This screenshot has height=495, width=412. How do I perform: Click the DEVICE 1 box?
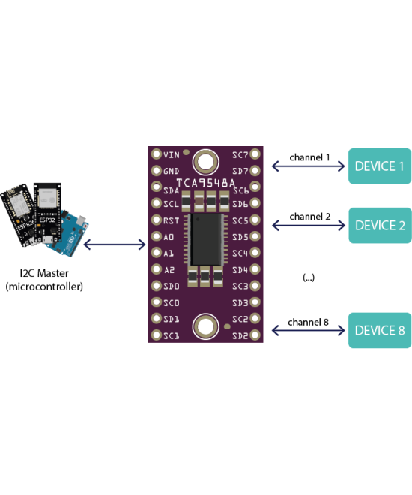(x=379, y=166)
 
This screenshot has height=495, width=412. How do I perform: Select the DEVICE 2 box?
(x=379, y=225)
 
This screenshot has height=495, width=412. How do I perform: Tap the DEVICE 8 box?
(x=379, y=330)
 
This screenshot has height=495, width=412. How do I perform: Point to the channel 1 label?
(x=309, y=157)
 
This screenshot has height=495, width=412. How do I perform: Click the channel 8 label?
(x=309, y=322)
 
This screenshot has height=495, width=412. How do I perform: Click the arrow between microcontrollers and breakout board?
(x=115, y=244)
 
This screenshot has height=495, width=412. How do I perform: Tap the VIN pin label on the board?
(x=172, y=154)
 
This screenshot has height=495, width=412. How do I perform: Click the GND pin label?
(x=172, y=171)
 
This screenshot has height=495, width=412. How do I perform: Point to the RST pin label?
(x=172, y=220)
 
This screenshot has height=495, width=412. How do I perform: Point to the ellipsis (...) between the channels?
(x=309, y=277)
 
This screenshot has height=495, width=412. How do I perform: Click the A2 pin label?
(x=170, y=269)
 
